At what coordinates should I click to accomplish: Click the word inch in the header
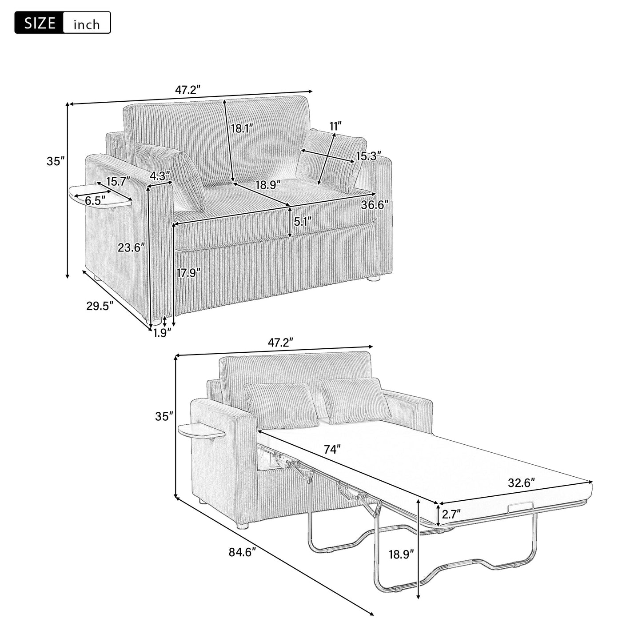pos(87,24)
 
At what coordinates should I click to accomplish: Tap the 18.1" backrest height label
pos(242,129)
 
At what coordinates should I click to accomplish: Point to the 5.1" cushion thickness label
pos(303,221)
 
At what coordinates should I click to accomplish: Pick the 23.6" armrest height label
pos(132,247)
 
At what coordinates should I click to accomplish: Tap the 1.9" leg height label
pos(162,333)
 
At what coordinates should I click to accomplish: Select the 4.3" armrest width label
pos(159,176)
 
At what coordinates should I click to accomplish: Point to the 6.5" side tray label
pos(95,200)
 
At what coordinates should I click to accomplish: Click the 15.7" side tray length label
pos(118,181)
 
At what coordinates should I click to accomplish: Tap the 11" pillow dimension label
pos(335,126)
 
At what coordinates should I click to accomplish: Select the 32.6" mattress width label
pos(521,482)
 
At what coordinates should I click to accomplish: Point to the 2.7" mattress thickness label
pos(451,514)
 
